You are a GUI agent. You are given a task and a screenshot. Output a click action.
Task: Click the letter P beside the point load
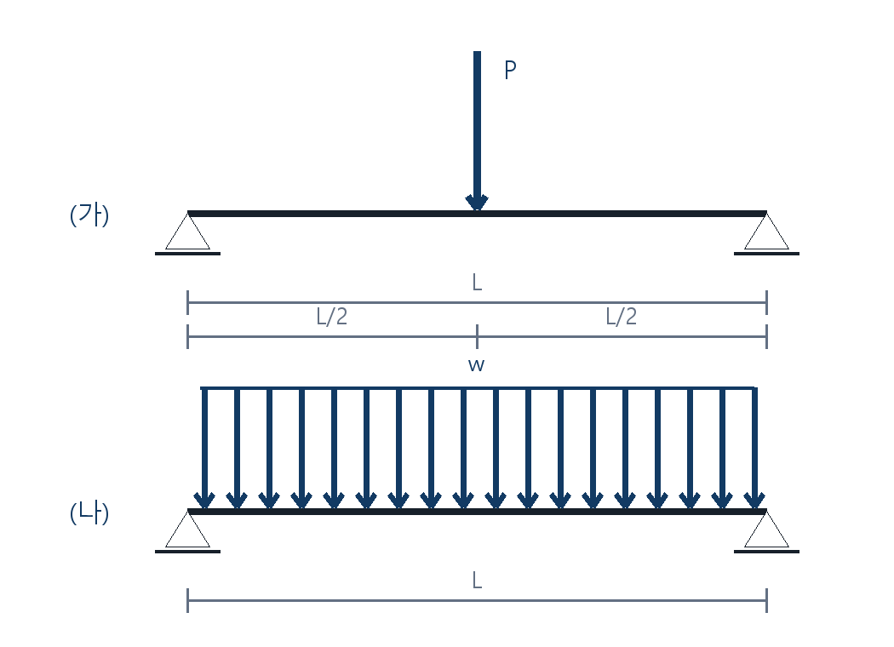click(x=510, y=70)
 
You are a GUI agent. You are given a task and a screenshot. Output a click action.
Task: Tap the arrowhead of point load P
click(x=477, y=203)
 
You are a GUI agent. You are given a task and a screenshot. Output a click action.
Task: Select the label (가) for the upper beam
click(x=89, y=215)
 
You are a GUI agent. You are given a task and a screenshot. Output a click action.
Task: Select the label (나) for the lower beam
click(x=89, y=513)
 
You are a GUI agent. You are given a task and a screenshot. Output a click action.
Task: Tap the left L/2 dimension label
click(x=332, y=317)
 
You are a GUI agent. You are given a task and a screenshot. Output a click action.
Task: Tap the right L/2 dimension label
click(x=622, y=317)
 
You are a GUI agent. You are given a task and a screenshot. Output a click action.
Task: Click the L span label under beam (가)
click(x=477, y=282)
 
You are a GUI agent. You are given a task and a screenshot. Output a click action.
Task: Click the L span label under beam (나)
click(x=477, y=581)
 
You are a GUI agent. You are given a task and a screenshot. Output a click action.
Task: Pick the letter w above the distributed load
click(x=476, y=365)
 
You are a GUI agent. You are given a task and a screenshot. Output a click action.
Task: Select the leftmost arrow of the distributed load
click(x=204, y=448)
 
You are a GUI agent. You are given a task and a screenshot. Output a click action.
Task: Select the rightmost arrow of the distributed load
click(x=754, y=448)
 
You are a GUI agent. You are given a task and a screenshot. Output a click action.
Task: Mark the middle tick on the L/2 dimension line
click(x=477, y=336)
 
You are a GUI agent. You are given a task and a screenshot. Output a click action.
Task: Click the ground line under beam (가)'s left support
click(x=187, y=254)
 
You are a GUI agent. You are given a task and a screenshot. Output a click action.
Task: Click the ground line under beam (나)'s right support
click(x=767, y=552)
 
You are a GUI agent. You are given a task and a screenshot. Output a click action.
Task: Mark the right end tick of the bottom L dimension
click(x=767, y=600)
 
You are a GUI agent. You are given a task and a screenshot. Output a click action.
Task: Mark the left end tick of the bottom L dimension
click(x=187, y=600)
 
